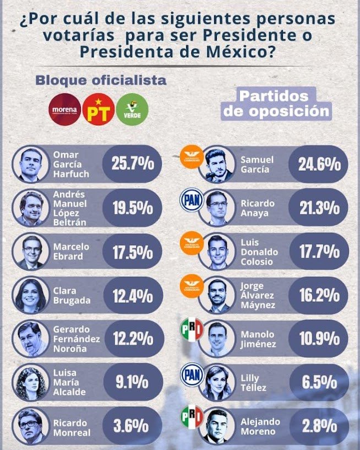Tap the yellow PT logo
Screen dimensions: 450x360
click(x=98, y=109)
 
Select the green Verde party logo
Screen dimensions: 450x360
click(x=132, y=108)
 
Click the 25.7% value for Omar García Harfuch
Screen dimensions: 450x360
click(x=133, y=164)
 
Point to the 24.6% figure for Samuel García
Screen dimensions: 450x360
click(x=319, y=164)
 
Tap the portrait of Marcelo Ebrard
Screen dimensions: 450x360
click(x=32, y=251)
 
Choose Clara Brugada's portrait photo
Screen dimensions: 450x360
click(x=32, y=295)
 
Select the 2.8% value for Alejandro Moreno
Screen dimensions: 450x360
click(x=319, y=426)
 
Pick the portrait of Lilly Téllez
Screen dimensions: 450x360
click(x=216, y=382)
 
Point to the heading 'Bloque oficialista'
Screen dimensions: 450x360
click(x=101, y=80)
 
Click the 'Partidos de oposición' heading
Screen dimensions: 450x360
click(x=276, y=103)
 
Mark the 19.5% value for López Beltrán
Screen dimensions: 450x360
click(x=133, y=207)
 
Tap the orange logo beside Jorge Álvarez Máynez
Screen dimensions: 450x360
click(x=193, y=286)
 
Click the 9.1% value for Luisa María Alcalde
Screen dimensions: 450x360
click(x=133, y=382)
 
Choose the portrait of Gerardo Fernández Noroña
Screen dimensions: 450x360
click(x=32, y=339)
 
